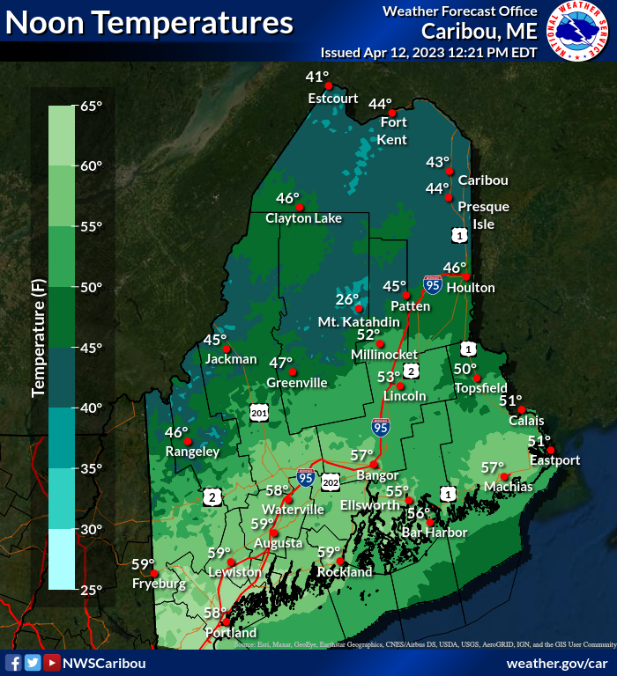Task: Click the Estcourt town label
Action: point(333,99)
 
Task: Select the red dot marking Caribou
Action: point(449,171)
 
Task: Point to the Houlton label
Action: point(471,288)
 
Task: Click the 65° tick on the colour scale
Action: point(92,106)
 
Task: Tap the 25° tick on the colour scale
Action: point(92,590)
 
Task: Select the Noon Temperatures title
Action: point(150,21)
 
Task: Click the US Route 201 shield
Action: point(258,412)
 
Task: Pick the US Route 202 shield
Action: point(331,481)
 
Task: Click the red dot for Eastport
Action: point(550,451)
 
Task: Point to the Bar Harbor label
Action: point(434,533)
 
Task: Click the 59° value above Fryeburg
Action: point(143,564)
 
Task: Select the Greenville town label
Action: point(297,383)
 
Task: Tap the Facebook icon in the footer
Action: point(13,663)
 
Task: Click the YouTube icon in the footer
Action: point(52,663)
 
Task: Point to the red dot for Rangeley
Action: point(187,440)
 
